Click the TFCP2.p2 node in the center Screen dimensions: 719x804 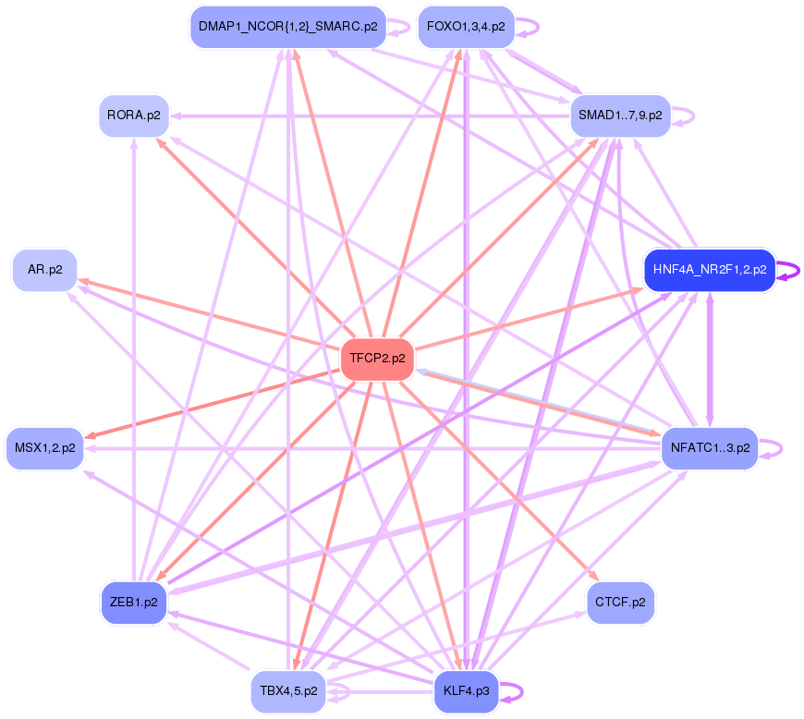pyautogui.click(x=377, y=359)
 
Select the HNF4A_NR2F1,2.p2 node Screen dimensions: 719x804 pyautogui.click(x=709, y=270)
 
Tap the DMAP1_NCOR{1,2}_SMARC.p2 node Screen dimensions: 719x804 pyautogui.click(x=287, y=26)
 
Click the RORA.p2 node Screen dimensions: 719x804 pyautogui.click(x=134, y=116)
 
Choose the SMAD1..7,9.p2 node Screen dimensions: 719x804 pyautogui.click(x=619, y=116)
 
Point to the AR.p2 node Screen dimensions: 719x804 pyautogui.click(x=44, y=270)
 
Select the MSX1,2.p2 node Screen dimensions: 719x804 pyautogui.click(x=44, y=448)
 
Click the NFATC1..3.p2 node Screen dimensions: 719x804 pyautogui.click(x=709, y=448)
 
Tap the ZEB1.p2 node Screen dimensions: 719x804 pyautogui.click(x=134, y=602)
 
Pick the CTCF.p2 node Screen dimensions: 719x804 pyautogui.click(x=619, y=602)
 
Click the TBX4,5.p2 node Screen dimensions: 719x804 pyautogui.click(x=287, y=691)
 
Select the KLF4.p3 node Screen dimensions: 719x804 pyautogui.click(x=466, y=691)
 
